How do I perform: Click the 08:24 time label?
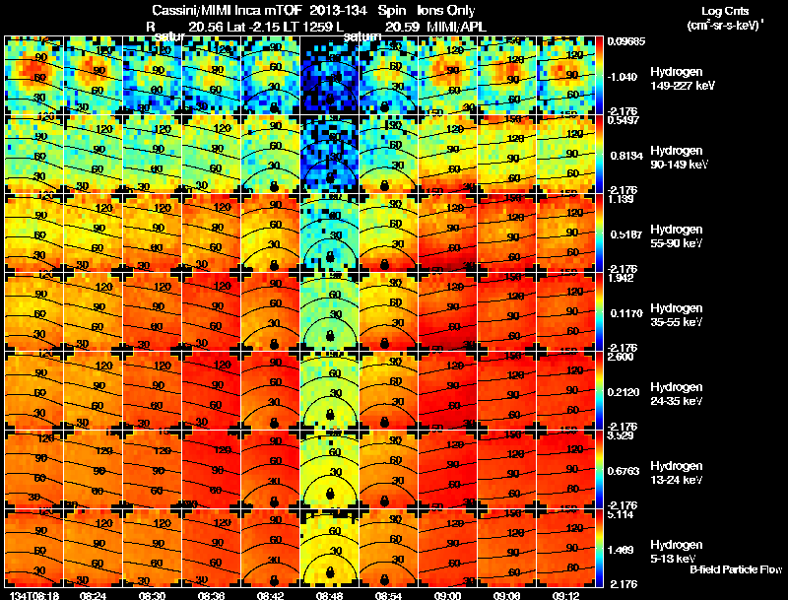pyautogui.click(x=93, y=594)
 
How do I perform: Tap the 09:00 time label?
pyautogui.click(x=447, y=594)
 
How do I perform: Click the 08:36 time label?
pyautogui.click(x=211, y=594)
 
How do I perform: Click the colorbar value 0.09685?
pyautogui.click(x=626, y=41)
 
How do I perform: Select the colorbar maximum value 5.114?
pyautogui.click(x=623, y=514)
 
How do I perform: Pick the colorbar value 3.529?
pyautogui.click(x=623, y=435)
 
